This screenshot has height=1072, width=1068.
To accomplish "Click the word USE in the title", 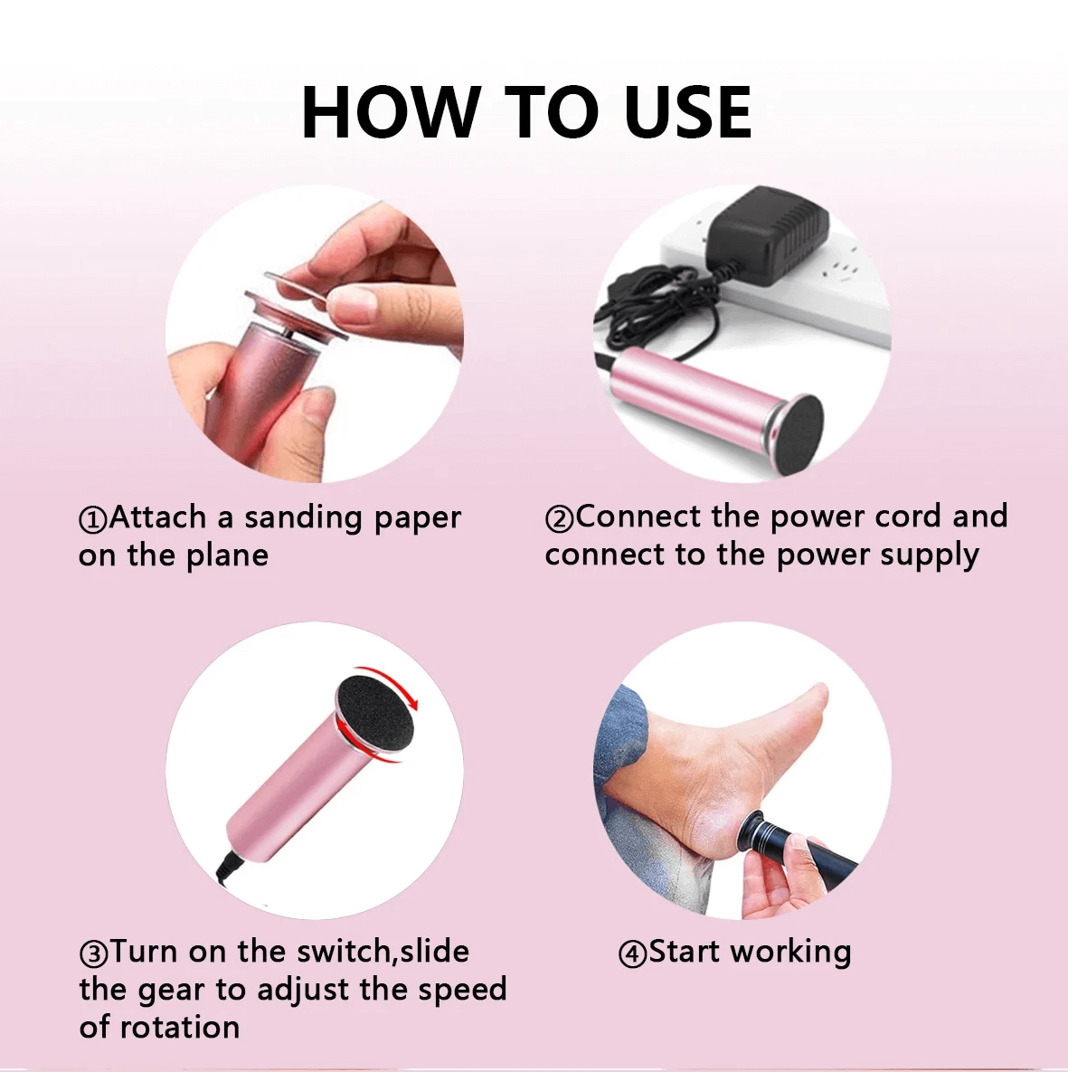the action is click(687, 112).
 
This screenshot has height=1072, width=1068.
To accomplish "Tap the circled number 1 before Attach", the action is click(93, 519).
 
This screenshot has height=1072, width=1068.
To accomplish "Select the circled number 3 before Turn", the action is click(94, 953).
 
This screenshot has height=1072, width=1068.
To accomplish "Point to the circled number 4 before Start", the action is click(632, 953).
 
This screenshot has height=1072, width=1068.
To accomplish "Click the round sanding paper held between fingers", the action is click(300, 289).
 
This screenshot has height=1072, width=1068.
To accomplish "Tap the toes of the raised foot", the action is click(812, 698).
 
